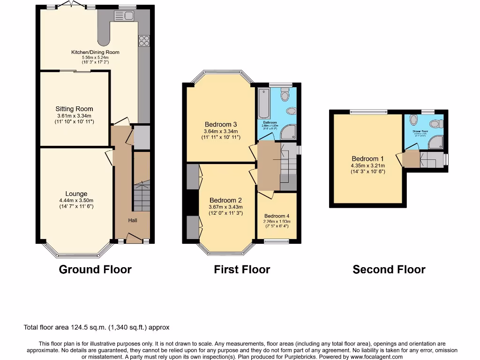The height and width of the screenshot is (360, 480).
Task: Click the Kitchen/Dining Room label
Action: [x=95, y=52]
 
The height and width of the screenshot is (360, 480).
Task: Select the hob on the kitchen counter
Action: [x=144, y=41]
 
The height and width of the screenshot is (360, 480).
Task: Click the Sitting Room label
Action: [x=75, y=109]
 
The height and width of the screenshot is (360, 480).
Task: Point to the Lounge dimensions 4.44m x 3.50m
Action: [x=76, y=201]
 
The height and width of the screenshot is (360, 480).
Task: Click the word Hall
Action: [x=133, y=220]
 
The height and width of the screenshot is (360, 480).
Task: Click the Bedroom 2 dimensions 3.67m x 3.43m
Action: [x=226, y=207]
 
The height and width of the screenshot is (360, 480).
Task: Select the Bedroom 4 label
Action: [x=277, y=216]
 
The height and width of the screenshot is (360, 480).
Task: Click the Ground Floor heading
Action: [x=95, y=270]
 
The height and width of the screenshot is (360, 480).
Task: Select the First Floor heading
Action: [x=242, y=270]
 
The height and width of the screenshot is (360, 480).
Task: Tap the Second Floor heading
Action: [x=389, y=270]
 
